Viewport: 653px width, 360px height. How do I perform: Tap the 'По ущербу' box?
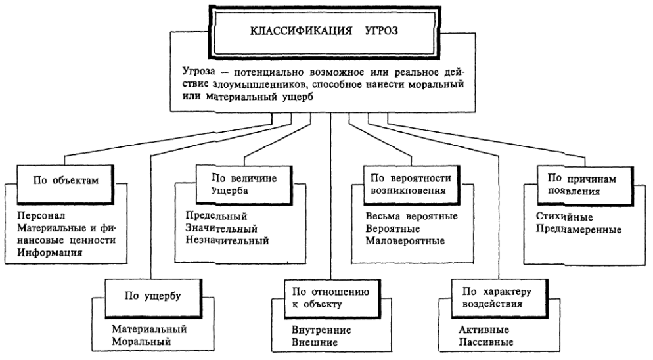152,294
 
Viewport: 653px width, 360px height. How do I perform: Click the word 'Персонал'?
38,215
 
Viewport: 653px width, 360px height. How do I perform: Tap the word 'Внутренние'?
319,330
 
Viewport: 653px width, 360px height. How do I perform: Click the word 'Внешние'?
314,342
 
